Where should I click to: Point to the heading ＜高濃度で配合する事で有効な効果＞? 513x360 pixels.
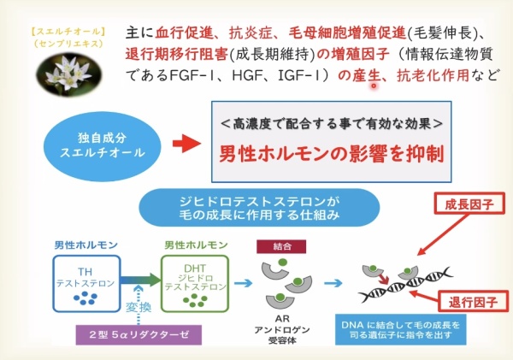tap(329, 123)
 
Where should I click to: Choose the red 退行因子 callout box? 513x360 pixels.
tap(468, 302)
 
